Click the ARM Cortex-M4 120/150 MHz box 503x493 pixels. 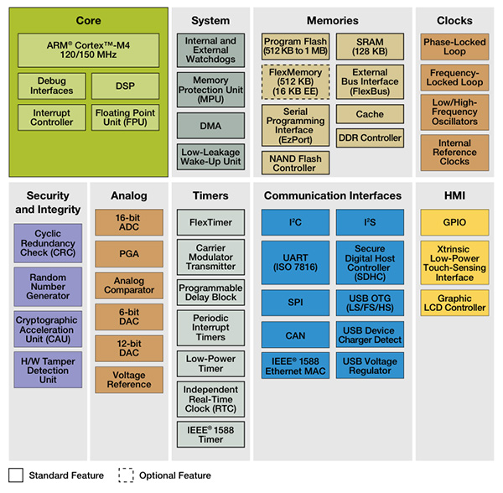[87, 51]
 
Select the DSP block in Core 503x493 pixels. [124, 86]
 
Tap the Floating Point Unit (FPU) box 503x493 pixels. [124, 117]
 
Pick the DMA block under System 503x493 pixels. [210, 125]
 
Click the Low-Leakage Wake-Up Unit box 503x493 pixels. [210, 156]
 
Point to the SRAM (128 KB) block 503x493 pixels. [370, 47]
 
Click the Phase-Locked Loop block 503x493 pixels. [454, 47]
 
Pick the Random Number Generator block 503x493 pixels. [49, 286]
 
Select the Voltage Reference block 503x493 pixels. [129, 380]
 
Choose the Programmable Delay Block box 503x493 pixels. [210, 291]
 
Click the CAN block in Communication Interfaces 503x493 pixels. [294, 335]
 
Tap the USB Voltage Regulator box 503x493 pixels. [370, 366]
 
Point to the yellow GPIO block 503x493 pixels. [454, 223]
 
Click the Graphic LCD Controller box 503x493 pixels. [454, 302]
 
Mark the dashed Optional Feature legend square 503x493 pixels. [125, 475]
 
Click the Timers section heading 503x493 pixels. [210, 195]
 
